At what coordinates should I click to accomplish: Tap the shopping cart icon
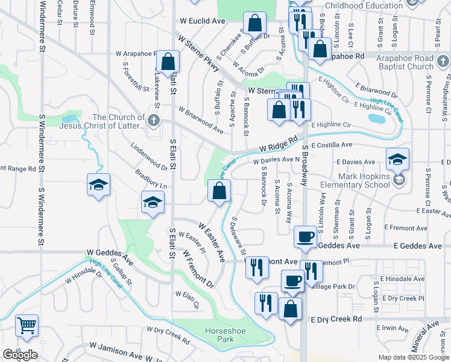coord(27,326)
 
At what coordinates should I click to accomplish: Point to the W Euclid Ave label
coord(202,21)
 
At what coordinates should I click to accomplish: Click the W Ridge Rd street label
coord(279,144)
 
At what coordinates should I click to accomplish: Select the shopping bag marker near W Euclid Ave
coord(255,23)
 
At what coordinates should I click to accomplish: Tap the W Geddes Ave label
coord(109,252)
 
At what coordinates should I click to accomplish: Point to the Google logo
coord(20,355)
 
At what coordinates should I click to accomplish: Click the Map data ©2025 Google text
coord(414,357)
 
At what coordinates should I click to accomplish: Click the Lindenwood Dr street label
coord(148,156)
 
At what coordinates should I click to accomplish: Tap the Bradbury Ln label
coord(150,180)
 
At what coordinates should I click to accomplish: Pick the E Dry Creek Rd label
coord(336,319)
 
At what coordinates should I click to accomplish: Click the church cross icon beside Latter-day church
coord(154,121)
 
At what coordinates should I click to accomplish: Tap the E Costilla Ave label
coord(332,145)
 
